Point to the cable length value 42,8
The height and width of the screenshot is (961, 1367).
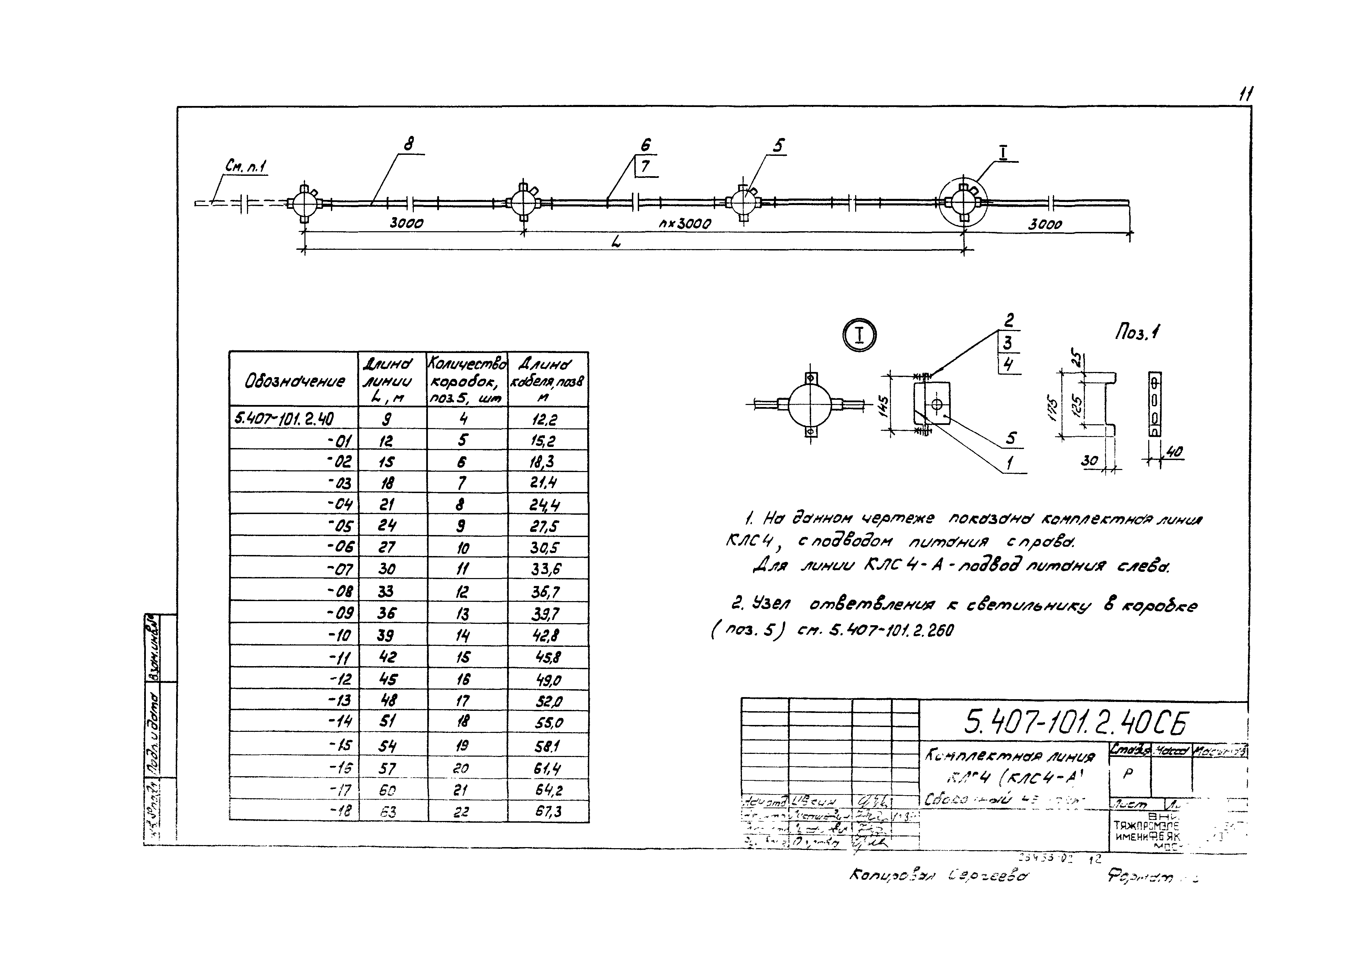click(545, 635)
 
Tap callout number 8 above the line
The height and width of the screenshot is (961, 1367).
click(408, 144)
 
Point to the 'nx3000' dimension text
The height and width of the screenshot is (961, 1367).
click(685, 224)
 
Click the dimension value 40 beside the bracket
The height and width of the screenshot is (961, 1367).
click(1174, 452)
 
